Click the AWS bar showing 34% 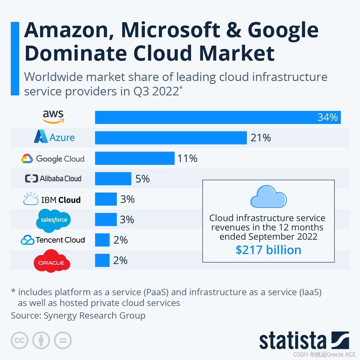point(218,117)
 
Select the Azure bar point(171,138)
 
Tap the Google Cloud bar point(135,158)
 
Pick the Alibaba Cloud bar point(113,178)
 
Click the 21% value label point(260,138)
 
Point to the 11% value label point(187,158)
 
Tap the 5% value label point(142,179)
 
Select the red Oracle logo point(52,261)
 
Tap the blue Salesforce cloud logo point(54,220)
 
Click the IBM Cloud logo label point(52,199)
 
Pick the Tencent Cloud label point(53,240)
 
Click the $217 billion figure point(268,250)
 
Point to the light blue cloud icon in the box point(268,197)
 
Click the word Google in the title point(283,30)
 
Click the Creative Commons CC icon point(19,340)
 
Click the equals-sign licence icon point(63,340)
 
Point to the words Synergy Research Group point(94,316)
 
